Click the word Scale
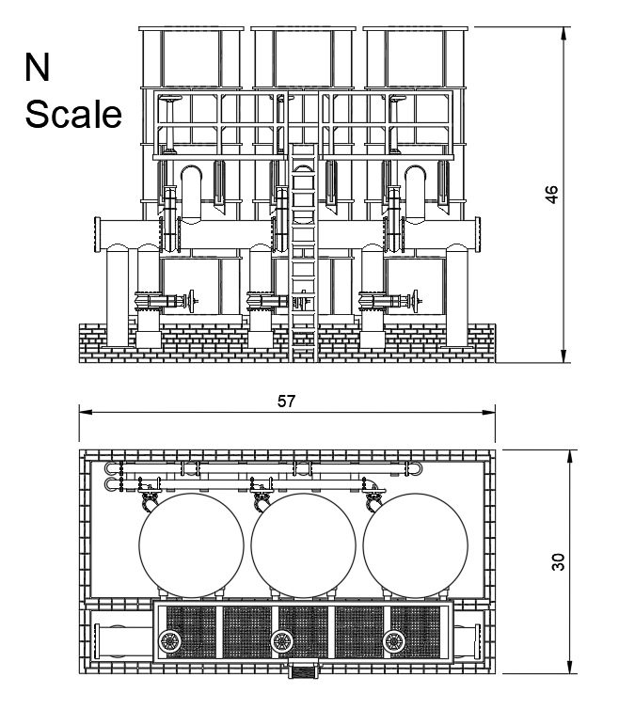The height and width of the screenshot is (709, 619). pyautogui.click(x=73, y=115)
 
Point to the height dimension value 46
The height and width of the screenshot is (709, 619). pyautogui.click(x=552, y=194)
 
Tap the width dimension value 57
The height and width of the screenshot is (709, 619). pyautogui.click(x=287, y=401)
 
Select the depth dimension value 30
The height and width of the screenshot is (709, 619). pyautogui.click(x=558, y=561)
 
